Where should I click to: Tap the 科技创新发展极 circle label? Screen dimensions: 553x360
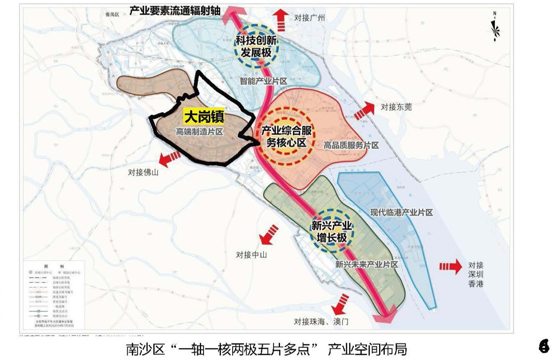coord(255,46)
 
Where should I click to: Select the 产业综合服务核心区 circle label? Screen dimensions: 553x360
coord(286,137)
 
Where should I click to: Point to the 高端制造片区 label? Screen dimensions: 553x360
coord(199,132)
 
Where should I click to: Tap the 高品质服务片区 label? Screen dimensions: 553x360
coord(351,145)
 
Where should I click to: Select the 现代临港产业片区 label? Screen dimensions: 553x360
coord(401,212)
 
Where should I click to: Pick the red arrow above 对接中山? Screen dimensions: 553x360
coord(268,236)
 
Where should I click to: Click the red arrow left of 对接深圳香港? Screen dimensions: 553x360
coord(450,266)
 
